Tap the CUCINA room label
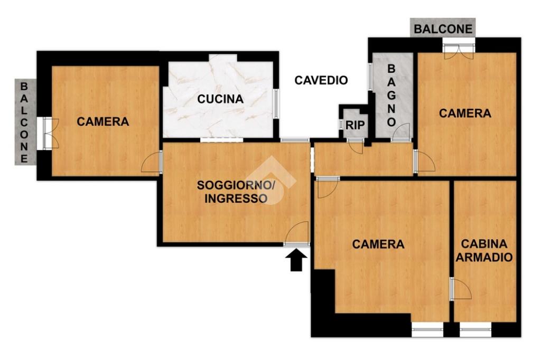pos(220,99)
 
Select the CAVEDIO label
pos(321,80)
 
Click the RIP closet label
pos(355,125)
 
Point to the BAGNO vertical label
pos(391,96)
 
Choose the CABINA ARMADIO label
pos(484,251)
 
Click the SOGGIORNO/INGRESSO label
pos(236,192)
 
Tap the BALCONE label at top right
pos(443,29)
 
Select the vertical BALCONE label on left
pos(24,122)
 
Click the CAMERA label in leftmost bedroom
pos(103,122)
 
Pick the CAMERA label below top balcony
pos(465,113)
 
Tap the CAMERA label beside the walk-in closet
pos(378,244)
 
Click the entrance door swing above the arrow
pos(297,233)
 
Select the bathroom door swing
pos(401,131)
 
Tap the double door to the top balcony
pos(459,50)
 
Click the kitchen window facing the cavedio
pos(276,104)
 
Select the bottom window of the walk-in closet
pos(475,330)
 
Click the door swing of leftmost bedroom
pos(152,162)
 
